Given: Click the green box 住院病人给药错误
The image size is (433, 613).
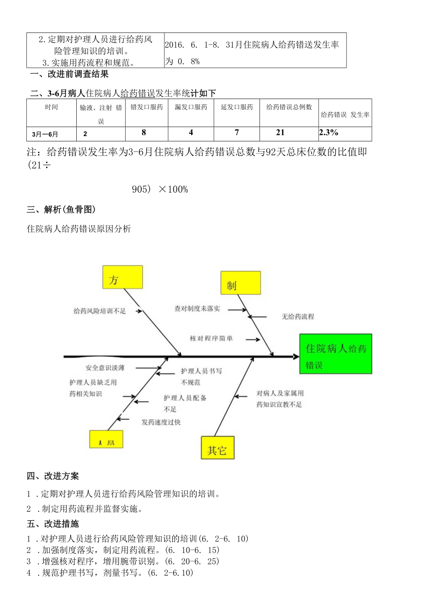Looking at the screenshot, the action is tap(335, 354).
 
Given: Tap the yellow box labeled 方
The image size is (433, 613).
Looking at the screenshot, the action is tap(122, 277).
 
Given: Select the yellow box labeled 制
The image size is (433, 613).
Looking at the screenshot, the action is tap(241, 283).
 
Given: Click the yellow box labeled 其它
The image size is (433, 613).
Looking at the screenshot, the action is tap(217, 448).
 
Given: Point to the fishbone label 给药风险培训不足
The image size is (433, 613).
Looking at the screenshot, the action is tap(100, 311).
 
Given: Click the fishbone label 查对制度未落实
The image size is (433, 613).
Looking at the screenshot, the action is tap(197, 309).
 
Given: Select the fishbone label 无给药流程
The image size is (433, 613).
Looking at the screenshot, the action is tap(298, 317).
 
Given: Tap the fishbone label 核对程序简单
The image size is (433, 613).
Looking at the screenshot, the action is tap(211, 338).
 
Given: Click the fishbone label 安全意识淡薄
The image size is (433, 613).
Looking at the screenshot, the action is tap(105, 368).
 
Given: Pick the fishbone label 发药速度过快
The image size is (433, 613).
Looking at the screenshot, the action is tap(161, 422).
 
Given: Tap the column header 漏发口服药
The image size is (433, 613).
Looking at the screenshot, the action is tap(191, 107).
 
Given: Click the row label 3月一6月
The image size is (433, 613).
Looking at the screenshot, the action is tap(45, 134).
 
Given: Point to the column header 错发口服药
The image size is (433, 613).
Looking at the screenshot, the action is tap(146, 107).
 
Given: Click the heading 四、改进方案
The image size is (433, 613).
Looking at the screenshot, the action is tap(53, 476).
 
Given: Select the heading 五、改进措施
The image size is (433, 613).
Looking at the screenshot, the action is tap(53, 524).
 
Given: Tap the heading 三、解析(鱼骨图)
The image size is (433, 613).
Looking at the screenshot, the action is tap(62, 209).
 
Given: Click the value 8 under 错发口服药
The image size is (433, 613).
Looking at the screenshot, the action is tap(144, 133).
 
